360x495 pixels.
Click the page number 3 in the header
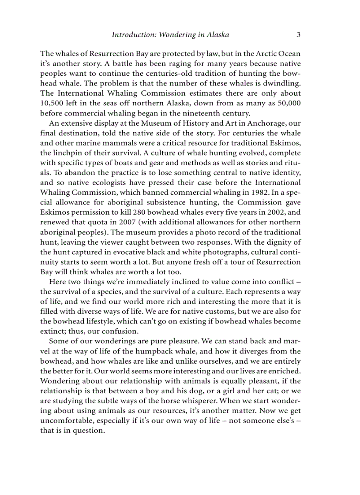[298, 34]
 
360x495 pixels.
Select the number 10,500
[52, 103]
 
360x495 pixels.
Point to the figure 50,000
[286, 103]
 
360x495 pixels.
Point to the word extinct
[54, 331]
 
